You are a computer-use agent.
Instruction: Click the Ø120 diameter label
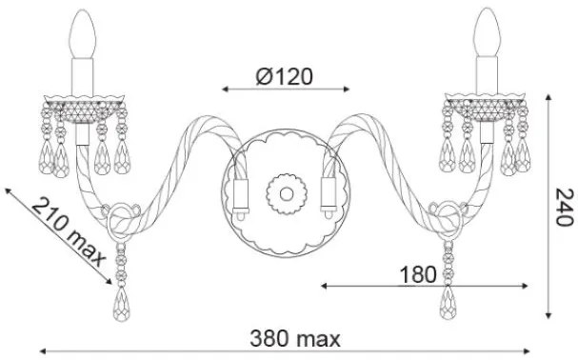[284, 76]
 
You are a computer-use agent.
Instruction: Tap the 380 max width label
[295, 339]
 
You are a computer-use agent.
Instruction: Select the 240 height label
[565, 208]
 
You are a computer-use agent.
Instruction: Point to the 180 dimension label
[418, 275]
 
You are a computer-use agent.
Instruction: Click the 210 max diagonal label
[69, 232]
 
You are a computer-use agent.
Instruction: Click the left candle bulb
[83, 34]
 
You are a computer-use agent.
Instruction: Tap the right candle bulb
[487, 32]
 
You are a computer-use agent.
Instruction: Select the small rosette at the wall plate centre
[287, 194]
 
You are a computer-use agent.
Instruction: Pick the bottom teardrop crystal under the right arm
[448, 303]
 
